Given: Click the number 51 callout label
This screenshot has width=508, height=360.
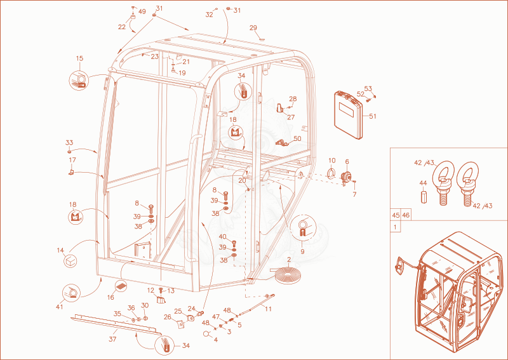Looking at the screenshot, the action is pyautogui.click(x=373, y=116).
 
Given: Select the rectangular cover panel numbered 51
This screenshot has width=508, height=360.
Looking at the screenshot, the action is pyautogui.click(x=350, y=115).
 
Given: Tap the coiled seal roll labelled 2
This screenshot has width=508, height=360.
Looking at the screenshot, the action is pyautogui.click(x=288, y=276).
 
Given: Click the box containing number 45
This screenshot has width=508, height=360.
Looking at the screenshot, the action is pyautogui.click(x=395, y=215).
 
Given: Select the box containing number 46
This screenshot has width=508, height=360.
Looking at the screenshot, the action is pyautogui.click(x=406, y=215).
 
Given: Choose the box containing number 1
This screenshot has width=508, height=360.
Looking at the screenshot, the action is pyautogui.click(x=395, y=227).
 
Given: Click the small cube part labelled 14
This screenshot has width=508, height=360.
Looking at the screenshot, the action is pyautogui.click(x=70, y=261).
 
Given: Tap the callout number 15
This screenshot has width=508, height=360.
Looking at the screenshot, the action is pyautogui.click(x=80, y=58).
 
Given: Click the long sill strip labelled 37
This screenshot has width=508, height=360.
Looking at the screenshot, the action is pyautogui.click(x=116, y=324).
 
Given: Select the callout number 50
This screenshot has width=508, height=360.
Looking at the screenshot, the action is pyautogui.click(x=297, y=138).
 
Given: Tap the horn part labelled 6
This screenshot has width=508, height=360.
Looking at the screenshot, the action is pyautogui.click(x=346, y=178).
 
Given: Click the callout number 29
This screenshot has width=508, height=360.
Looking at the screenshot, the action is pyautogui.click(x=253, y=28).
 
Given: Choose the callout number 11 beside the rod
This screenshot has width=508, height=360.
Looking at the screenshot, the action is pyautogui.click(x=268, y=309).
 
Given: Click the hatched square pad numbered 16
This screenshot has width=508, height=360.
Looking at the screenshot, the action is pyautogui.click(x=121, y=286).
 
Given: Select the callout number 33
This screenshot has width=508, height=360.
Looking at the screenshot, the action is pyautogui.click(x=69, y=143).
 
